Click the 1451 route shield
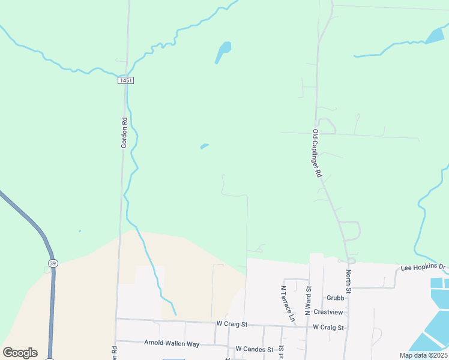click(x=125, y=80)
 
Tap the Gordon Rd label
click(x=124, y=132)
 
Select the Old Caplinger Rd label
click(x=317, y=152)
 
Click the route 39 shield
click(x=53, y=263)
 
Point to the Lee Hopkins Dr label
click(x=423, y=266)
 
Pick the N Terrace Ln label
click(x=287, y=302)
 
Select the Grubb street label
click(x=336, y=298)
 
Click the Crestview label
click(x=328, y=313)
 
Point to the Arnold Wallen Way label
click(x=171, y=343)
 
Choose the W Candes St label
click(x=254, y=349)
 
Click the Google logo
click(x=20, y=352)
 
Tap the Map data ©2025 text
click(x=423, y=355)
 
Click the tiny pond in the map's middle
click(x=204, y=146)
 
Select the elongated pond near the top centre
click(x=223, y=50)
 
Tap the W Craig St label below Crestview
click(x=328, y=328)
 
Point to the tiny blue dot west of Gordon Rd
click(x=79, y=231)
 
